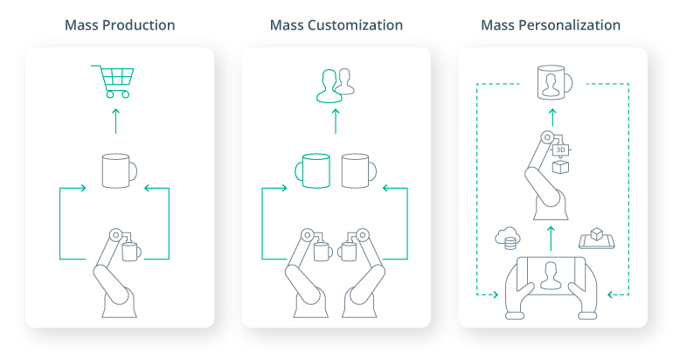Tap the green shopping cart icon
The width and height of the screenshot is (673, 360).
[x=113, y=81]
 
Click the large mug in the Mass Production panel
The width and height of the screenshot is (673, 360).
[x=119, y=170]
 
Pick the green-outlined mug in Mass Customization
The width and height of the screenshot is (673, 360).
[x=316, y=170]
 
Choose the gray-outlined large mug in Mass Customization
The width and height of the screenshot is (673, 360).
[x=357, y=170]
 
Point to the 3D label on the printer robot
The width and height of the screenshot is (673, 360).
[x=561, y=149]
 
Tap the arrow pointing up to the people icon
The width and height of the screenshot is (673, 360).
[x=335, y=121]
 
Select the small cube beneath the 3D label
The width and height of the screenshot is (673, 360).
[x=560, y=166]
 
